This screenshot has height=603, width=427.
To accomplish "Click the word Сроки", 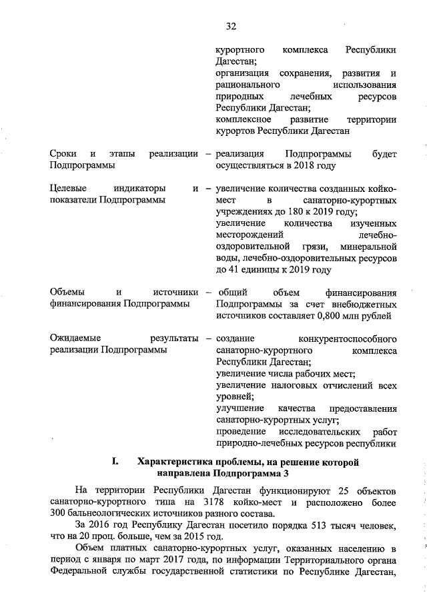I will [63, 154].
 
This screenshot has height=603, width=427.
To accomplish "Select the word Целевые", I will [69, 189].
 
